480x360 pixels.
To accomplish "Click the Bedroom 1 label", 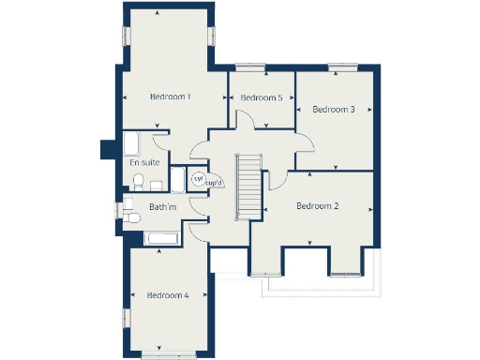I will coord(170,97).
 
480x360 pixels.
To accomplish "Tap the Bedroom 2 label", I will coord(317,206).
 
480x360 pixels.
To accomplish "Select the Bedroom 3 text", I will coord(333,110).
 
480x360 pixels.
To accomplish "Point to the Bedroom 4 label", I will coord(168,295).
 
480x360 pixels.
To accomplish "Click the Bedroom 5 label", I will coord(262,98).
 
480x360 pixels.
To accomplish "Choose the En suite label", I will coord(143,162).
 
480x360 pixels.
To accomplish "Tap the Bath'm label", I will coord(161,207).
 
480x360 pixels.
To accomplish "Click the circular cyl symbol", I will coord(199,178).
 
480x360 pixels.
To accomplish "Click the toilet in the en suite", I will coord(137,180).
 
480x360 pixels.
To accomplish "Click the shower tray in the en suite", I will coord(132,144).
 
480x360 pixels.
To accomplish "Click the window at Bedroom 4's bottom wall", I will coord(168,355).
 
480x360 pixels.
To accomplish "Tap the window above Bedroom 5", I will coord(250,67).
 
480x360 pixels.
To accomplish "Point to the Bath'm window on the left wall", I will coord(120,207).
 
